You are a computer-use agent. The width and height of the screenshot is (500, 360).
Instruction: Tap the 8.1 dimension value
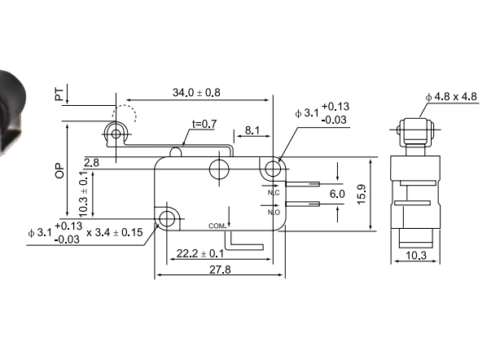pos(252,130)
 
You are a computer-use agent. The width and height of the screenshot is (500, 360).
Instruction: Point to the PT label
pos(59,94)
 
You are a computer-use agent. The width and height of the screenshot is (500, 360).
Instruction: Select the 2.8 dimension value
pos(92,163)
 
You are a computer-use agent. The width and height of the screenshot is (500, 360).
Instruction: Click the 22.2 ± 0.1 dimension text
pos(200,255)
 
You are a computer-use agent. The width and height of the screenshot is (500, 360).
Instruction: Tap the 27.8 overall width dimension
pos(218,270)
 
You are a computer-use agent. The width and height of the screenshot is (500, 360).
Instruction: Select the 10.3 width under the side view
pos(415,256)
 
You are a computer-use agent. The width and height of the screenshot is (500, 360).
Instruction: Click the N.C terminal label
pos(274,192)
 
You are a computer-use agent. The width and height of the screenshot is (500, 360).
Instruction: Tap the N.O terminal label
pos(274,211)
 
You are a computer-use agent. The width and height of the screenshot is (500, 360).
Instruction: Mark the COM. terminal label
pos(217,225)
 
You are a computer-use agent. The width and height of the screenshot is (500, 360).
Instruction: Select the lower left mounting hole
pos(168,217)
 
